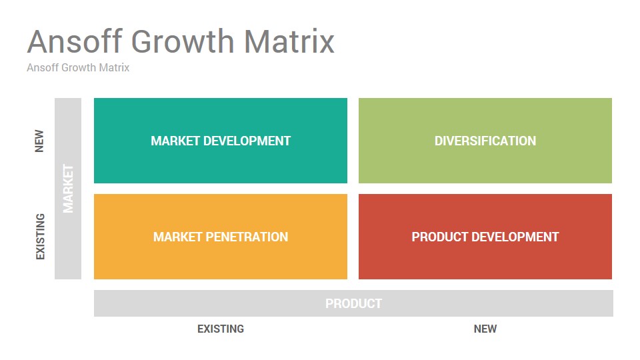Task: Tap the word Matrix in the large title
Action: click(289, 41)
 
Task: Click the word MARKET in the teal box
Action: click(175, 141)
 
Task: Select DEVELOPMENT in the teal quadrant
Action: click(247, 141)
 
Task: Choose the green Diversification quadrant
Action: click(485, 141)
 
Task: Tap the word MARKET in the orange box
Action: click(177, 237)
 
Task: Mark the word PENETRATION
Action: click(247, 237)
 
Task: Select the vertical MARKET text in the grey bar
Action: click(68, 189)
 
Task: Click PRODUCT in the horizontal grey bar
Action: click(353, 304)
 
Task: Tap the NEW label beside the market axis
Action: click(39, 141)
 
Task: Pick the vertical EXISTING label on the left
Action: click(40, 236)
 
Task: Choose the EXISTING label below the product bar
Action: click(221, 329)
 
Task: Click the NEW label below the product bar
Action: click(485, 329)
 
